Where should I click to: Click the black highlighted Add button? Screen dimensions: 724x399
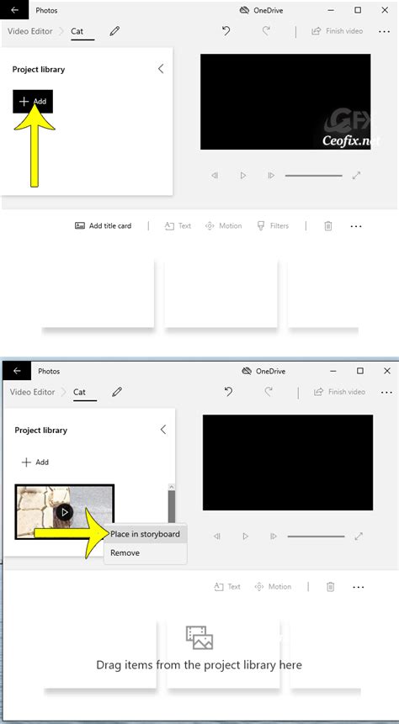33,102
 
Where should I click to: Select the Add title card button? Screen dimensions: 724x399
103,226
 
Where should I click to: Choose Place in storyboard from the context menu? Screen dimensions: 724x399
145,534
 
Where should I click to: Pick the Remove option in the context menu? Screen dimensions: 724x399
125,553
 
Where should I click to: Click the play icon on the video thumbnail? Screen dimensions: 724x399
64,512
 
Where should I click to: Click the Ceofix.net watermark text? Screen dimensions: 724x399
351,141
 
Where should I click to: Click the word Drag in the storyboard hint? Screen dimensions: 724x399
113,665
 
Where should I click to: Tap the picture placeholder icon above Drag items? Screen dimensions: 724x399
199,637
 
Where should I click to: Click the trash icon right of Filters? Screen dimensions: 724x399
328,226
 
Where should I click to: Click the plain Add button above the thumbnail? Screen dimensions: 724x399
35,462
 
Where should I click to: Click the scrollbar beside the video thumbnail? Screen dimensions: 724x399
172,505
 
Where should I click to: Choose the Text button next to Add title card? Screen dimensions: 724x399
178,226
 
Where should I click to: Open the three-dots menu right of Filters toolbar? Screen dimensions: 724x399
356,226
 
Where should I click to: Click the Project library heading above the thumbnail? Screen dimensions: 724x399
40,431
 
